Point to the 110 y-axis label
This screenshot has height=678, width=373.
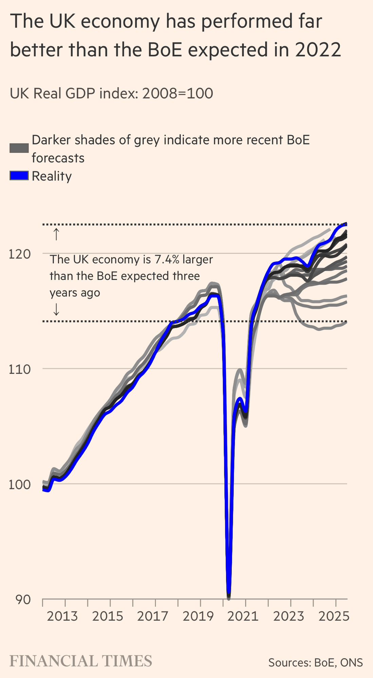point(20,369)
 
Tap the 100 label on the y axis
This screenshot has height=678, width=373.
point(20,484)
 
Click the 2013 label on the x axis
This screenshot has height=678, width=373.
point(62,616)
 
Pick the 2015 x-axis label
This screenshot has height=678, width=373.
point(108,616)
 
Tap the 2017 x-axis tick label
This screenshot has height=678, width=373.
point(153,616)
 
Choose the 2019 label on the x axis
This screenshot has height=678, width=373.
point(198,616)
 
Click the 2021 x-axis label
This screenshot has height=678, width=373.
point(243,616)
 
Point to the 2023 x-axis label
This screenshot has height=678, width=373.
point(288,616)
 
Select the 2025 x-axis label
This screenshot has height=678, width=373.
point(334,616)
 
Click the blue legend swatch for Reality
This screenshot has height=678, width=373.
point(19,176)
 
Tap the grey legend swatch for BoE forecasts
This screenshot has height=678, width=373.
point(19,148)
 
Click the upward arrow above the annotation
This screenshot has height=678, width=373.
point(56,234)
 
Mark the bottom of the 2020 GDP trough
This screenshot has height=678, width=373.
point(228,597)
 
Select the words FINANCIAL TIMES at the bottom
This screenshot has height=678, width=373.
point(81,661)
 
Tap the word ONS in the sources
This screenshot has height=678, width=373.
point(352,662)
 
